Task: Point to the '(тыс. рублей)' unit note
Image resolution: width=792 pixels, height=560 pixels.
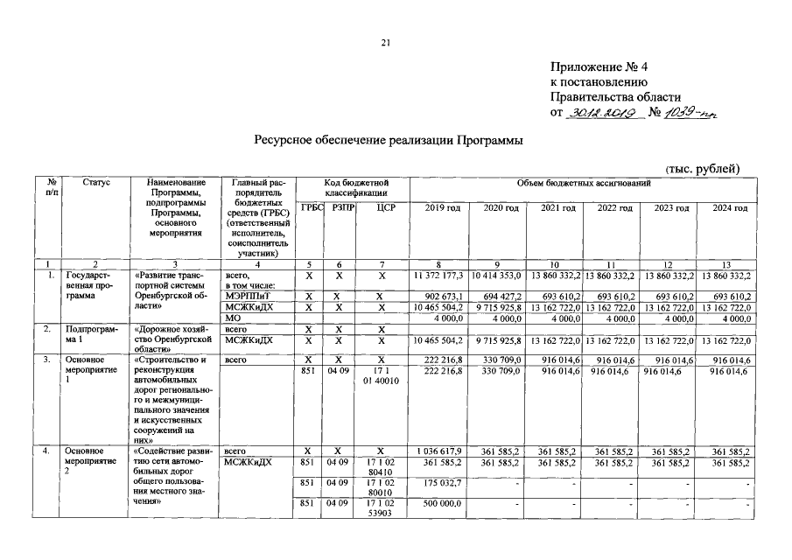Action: point(703,168)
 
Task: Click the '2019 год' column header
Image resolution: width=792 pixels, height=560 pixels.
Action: point(442,207)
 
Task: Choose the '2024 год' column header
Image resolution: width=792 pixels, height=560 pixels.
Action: point(729,207)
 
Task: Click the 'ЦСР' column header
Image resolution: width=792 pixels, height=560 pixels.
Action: point(380,207)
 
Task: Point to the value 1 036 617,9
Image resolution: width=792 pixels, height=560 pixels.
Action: point(440,451)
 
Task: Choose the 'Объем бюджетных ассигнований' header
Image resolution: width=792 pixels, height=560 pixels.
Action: point(584,182)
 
